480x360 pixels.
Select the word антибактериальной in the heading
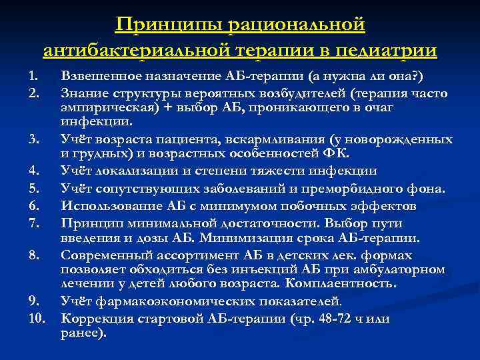(x=140, y=51)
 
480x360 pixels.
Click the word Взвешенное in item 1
(x=102, y=74)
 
